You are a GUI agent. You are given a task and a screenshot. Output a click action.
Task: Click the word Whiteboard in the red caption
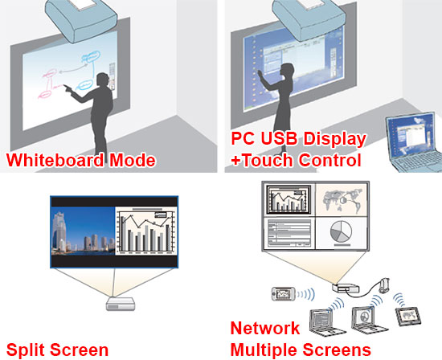click(x=55, y=160)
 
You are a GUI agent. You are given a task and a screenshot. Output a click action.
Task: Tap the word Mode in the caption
click(x=133, y=160)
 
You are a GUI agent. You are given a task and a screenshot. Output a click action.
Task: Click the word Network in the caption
click(x=265, y=328)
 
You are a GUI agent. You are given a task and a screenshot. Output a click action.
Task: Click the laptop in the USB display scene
click(x=413, y=143)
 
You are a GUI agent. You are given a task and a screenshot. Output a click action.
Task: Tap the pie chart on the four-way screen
click(x=341, y=231)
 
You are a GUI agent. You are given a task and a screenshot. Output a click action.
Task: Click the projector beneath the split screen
click(x=121, y=305)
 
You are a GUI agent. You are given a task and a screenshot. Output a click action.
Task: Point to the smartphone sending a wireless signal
click(x=284, y=294)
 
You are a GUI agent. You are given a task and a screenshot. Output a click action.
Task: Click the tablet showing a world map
click(x=408, y=317)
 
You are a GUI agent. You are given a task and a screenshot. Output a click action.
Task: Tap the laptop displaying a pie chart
click(x=370, y=319)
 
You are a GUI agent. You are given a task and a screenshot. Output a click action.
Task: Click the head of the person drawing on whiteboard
click(x=103, y=80)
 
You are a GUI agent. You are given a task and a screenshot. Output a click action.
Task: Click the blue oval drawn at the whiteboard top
click(x=92, y=57)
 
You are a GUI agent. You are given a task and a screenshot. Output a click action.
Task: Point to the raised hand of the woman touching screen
click(x=260, y=74)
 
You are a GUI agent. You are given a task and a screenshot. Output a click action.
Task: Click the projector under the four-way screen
click(x=346, y=288)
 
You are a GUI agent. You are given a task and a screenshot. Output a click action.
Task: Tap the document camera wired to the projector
click(x=384, y=285)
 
